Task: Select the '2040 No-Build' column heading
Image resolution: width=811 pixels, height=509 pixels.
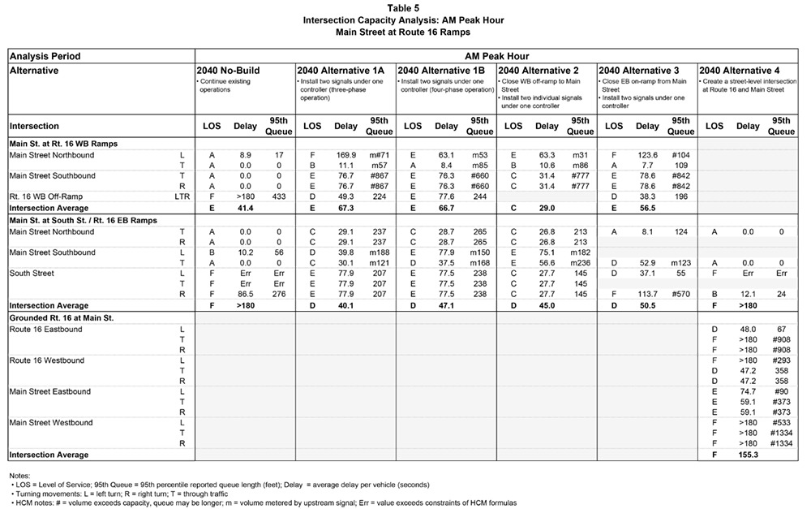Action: (x=228, y=71)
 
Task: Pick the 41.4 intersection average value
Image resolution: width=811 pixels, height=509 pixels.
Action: (x=245, y=207)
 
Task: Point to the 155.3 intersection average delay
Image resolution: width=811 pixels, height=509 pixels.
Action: (x=748, y=455)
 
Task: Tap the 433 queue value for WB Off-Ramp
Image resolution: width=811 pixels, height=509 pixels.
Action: (x=278, y=196)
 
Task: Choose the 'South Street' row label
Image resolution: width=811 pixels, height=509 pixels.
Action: (x=32, y=274)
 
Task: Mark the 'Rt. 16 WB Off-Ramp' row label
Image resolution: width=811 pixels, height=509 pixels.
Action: (x=47, y=196)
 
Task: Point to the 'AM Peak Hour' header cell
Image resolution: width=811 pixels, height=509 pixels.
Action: (x=496, y=56)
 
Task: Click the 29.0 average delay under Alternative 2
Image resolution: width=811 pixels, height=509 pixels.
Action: (x=547, y=207)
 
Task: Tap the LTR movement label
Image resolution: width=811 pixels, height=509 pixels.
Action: (x=182, y=196)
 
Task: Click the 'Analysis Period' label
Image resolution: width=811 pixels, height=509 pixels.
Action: (x=45, y=56)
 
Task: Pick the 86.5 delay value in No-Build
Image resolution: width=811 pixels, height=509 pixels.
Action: (x=245, y=295)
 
